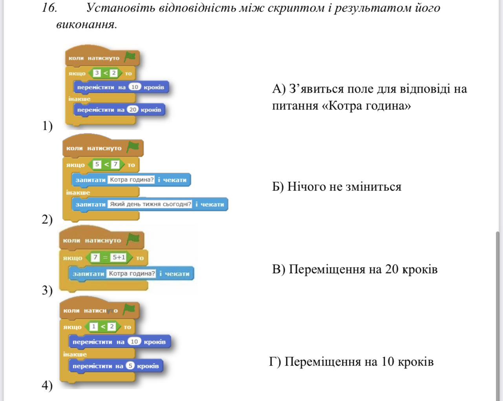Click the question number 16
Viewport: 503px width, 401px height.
[x=49, y=8]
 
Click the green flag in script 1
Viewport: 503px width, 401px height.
[x=130, y=57]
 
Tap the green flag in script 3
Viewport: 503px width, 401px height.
[x=134, y=239]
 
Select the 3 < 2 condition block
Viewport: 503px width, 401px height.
[x=105, y=73]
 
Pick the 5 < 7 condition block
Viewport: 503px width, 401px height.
[x=106, y=165]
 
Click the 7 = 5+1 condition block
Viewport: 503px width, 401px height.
[x=110, y=258]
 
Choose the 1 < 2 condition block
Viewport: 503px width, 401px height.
[x=103, y=326]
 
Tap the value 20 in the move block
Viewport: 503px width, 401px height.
[x=133, y=109]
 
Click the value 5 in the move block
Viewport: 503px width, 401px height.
[x=130, y=366]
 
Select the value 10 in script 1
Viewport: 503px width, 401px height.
[x=135, y=87]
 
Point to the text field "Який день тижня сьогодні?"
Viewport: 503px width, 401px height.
[x=150, y=204]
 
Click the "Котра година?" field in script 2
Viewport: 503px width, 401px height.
[x=131, y=180]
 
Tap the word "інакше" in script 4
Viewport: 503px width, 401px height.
[x=75, y=354]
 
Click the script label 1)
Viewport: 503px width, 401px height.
[x=47, y=126]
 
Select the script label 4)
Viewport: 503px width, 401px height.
[x=47, y=385]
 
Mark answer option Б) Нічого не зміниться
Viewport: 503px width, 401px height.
[x=337, y=187]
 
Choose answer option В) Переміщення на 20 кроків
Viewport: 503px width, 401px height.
[x=355, y=269]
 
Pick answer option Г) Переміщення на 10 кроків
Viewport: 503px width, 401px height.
[x=351, y=361]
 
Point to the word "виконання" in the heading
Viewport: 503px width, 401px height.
[x=86, y=25]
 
